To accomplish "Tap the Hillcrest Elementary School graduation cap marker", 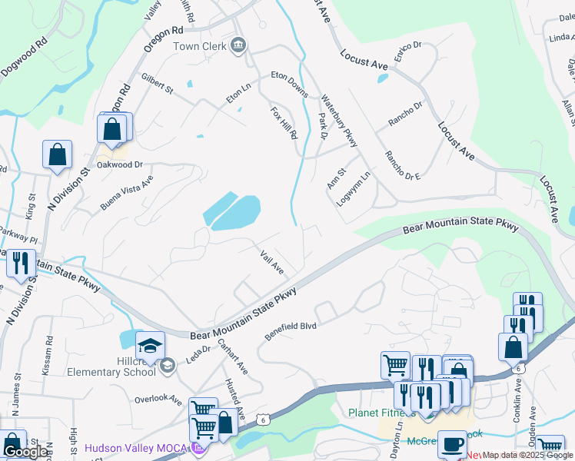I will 150,345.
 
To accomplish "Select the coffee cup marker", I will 452,443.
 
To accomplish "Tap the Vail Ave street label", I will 272,262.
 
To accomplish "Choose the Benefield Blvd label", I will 291,331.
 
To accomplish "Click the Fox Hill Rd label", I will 284,123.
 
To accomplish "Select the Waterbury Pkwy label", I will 339,121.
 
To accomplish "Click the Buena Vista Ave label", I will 127,193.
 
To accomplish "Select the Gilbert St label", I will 158,84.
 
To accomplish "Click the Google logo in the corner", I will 25,452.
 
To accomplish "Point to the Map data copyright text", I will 527,455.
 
